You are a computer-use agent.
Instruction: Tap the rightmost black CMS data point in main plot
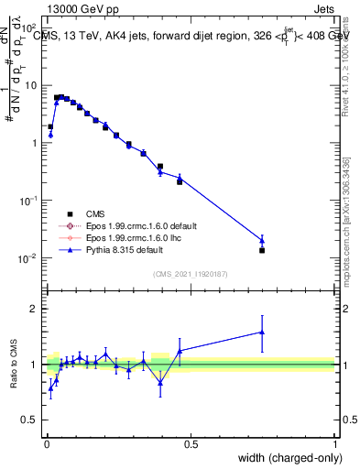point(262,250)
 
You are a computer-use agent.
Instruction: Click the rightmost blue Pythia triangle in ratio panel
point(262,333)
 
